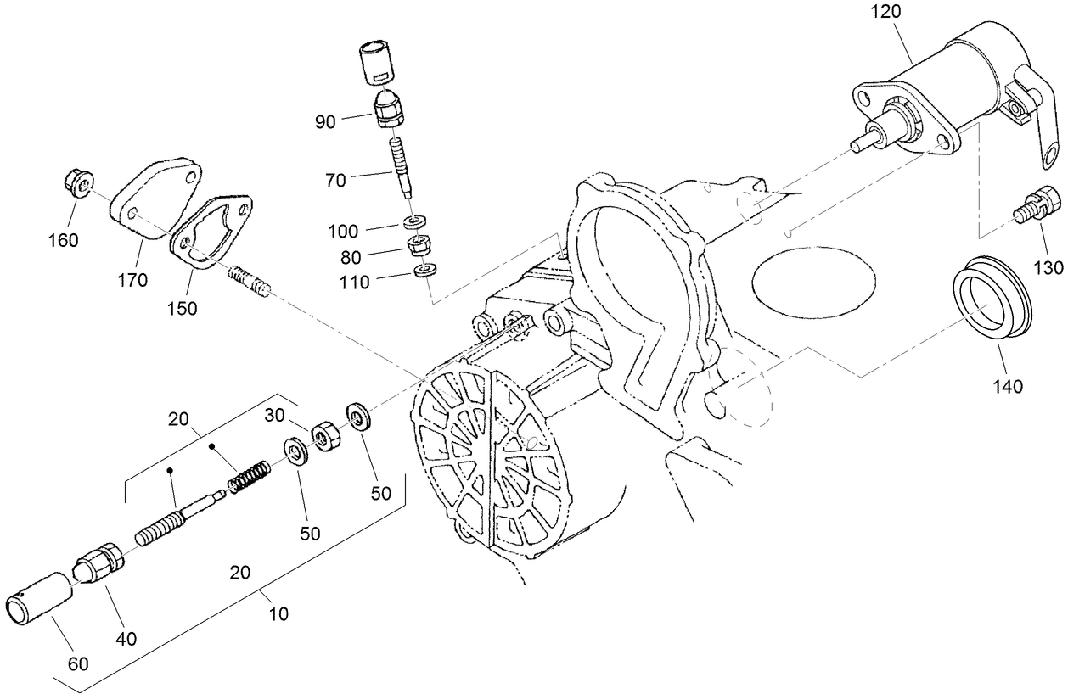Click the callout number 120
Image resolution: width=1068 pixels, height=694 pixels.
tap(885, 12)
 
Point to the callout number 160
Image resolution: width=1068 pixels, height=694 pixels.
tap(63, 240)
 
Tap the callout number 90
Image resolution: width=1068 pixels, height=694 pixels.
tap(326, 121)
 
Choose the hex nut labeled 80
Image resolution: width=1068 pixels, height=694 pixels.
tap(419, 246)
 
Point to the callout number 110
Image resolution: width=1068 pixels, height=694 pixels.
tap(353, 283)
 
